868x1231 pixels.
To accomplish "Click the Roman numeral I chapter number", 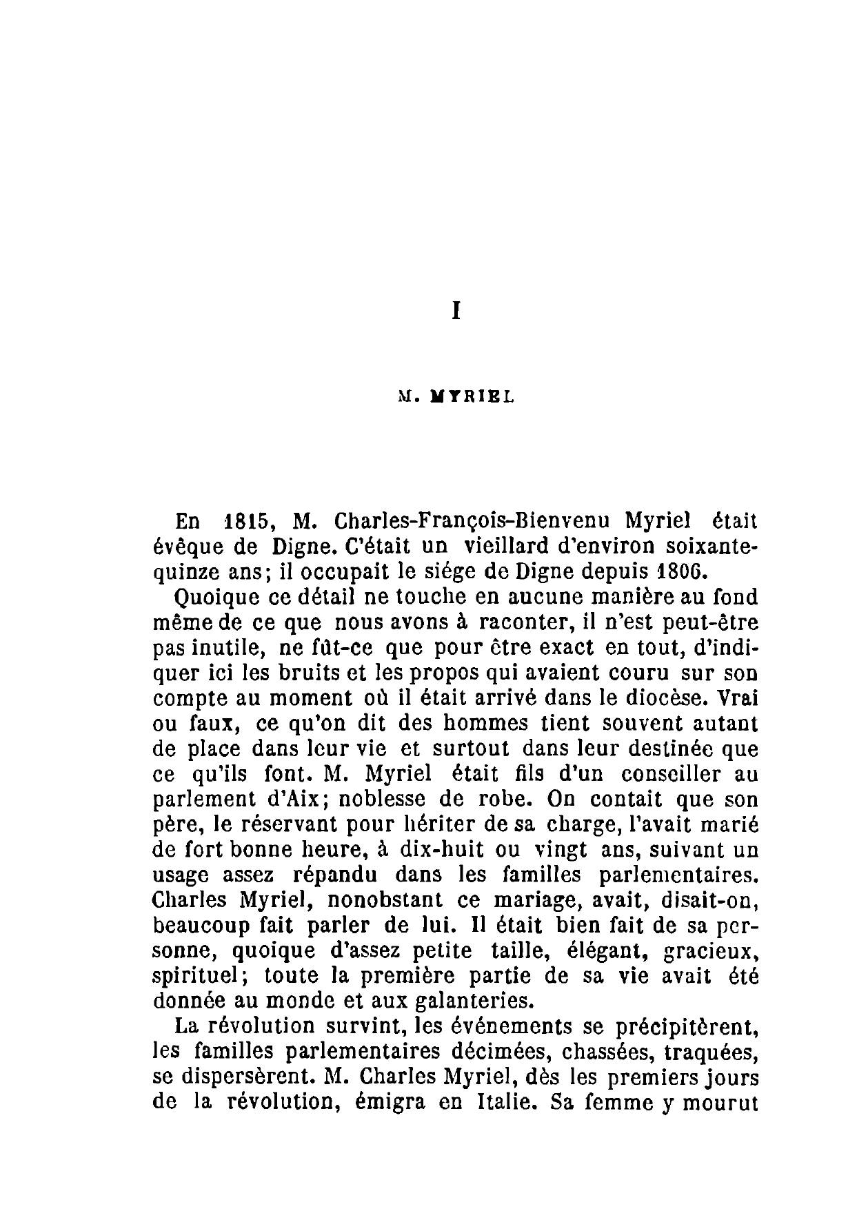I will (x=455, y=311).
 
